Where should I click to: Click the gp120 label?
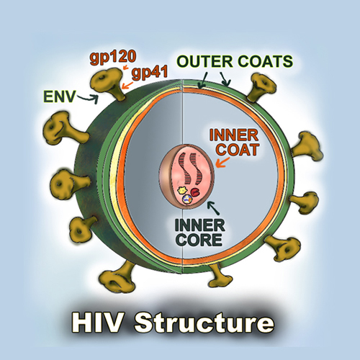point(113,58)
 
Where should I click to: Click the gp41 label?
point(150,72)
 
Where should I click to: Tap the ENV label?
point(59,96)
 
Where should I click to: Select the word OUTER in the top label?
point(204,61)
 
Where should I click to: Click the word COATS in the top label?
point(266,61)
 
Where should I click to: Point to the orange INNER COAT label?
point(234,142)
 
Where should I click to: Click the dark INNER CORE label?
point(199,233)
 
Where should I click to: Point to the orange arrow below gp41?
point(127,84)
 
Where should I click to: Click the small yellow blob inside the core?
point(182,191)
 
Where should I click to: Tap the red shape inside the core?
point(195,192)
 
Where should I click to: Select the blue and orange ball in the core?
point(187,199)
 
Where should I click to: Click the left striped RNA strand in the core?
point(184,167)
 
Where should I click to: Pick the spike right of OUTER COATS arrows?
point(261,88)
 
